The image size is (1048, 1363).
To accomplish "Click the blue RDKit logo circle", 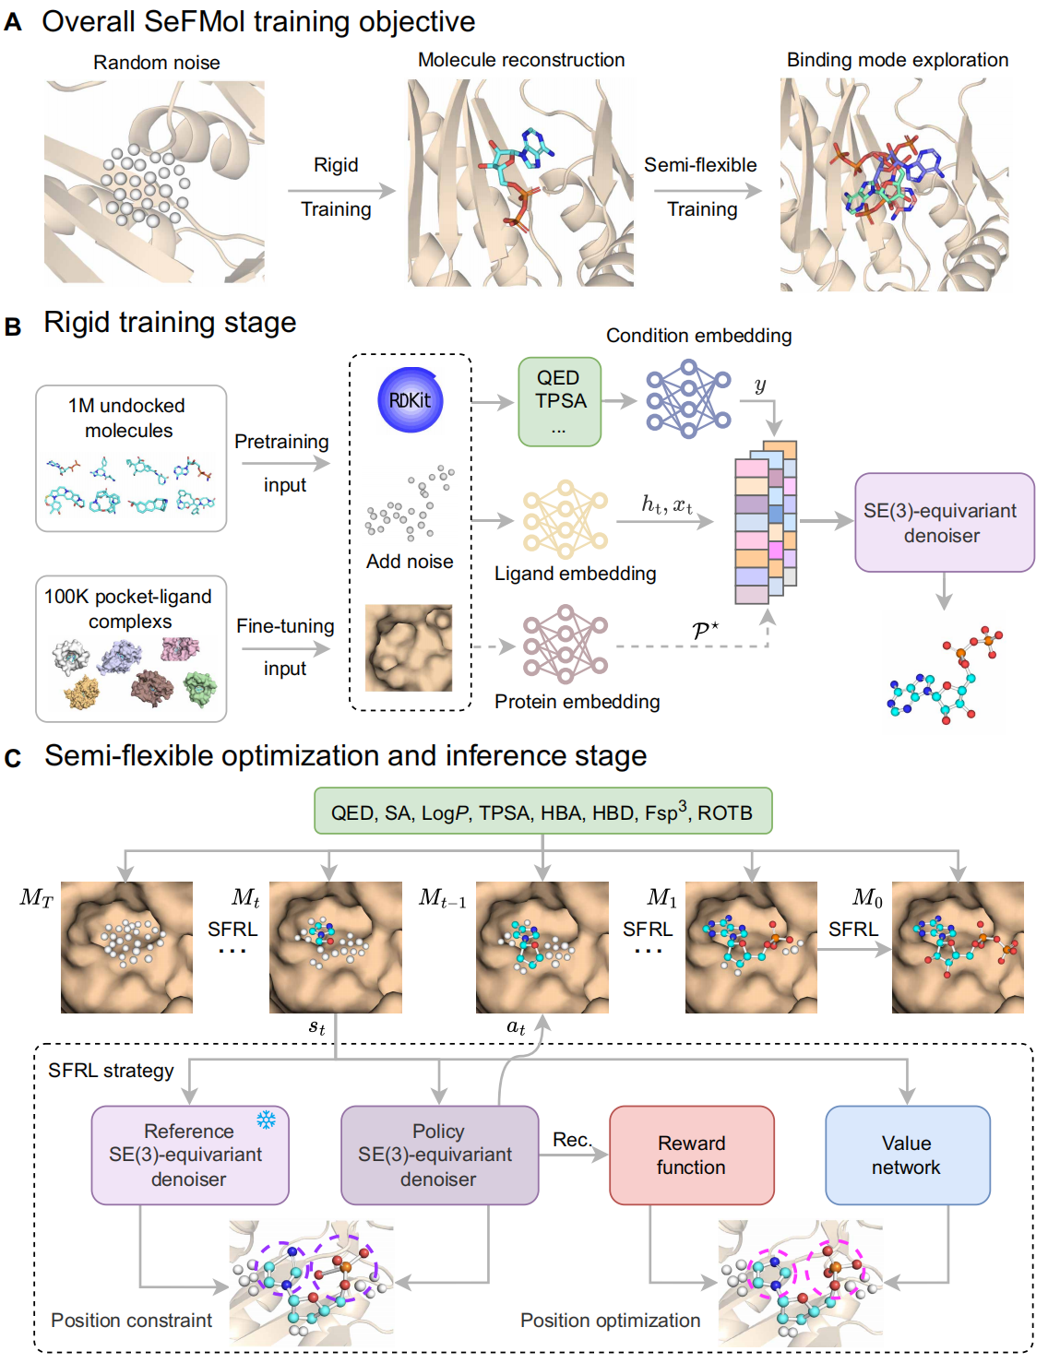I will coord(411,400).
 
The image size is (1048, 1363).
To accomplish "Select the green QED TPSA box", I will coord(559,402).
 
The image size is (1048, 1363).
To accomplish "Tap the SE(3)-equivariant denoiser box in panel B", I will coord(943,522).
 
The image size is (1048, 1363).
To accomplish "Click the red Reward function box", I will coord(691,1155).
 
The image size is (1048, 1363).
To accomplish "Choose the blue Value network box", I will coord(907,1155).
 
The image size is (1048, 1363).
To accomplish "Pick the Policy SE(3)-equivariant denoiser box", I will coord(439,1155).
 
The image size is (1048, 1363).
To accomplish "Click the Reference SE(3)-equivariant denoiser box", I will coord(190,1155).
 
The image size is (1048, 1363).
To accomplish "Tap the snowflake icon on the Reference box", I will coord(267,1120).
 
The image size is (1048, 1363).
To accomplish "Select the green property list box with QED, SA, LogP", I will coord(542,812).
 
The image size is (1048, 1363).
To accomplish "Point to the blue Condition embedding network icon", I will coord(687,399).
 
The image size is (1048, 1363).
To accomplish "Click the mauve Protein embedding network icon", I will coord(565,645).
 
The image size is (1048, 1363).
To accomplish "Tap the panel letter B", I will coord(13,326).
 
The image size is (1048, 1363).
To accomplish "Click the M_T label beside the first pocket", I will coord(37,897).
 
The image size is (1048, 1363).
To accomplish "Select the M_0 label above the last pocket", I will coord(867,897).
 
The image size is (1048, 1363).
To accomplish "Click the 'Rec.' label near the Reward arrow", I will coord(572,1140).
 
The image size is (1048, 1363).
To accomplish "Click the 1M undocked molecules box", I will coord(131,458).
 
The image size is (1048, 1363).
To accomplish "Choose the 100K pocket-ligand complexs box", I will coord(131,648).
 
